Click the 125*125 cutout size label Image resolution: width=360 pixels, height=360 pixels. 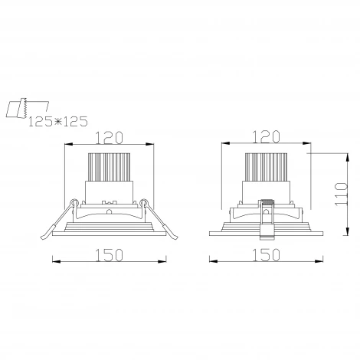tap(57, 122)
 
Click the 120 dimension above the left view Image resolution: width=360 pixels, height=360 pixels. tap(109, 137)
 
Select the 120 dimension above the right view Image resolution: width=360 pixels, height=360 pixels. tap(266, 136)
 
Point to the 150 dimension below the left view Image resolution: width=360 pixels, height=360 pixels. tap(109, 255)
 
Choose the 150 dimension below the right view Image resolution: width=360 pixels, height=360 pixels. tap(266, 255)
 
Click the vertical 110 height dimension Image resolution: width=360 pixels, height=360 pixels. tap(342, 194)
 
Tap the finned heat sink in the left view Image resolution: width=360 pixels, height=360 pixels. tap(109, 167)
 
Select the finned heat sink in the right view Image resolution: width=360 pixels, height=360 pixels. tap(266, 167)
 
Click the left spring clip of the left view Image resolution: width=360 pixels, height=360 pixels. tap(57, 220)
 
